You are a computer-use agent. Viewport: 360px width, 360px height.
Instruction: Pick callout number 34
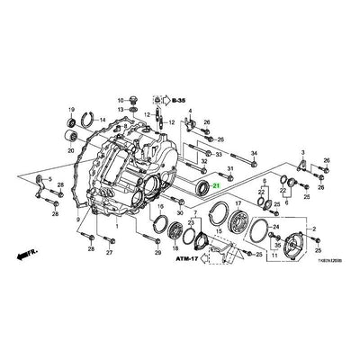pos(254,153)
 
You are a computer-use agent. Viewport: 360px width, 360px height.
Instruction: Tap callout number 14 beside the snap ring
pos(102,119)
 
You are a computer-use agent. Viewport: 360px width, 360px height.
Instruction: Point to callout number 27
pos(109,253)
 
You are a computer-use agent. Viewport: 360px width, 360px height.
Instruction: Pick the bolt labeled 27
pos(109,237)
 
